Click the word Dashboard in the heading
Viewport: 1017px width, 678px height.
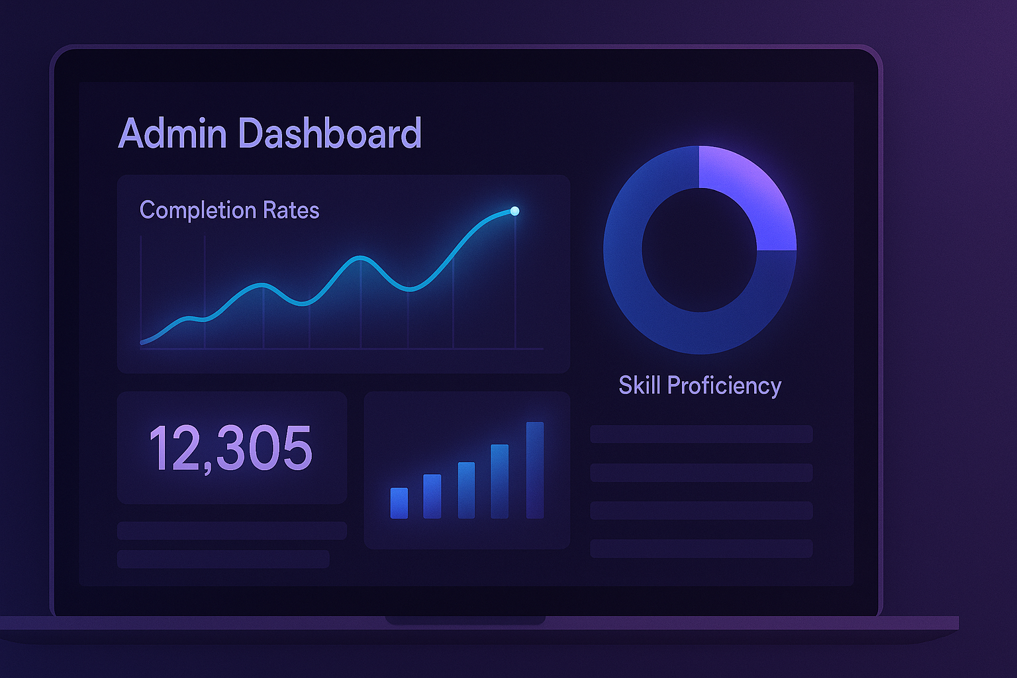[329, 134]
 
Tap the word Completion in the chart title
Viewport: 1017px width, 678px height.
[197, 211]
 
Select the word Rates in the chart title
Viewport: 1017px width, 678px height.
[291, 211]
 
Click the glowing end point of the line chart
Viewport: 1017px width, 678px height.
[514, 211]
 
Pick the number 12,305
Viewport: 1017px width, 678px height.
[230, 448]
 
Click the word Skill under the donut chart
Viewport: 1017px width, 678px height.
[640, 385]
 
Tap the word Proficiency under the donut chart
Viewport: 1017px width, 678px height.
[724, 385]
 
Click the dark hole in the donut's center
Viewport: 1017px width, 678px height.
[699, 250]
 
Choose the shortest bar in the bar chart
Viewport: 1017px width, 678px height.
[399, 503]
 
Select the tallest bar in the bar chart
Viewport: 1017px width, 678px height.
[535, 470]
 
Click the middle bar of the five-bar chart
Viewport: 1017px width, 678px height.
[466, 490]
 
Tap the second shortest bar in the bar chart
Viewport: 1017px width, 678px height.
[432, 497]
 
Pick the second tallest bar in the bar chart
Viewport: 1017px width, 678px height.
[500, 481]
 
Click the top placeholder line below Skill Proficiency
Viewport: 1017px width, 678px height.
[701, 434]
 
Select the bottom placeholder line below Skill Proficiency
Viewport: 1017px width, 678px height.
[701, 548]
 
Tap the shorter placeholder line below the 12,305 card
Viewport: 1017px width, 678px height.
[223, 559]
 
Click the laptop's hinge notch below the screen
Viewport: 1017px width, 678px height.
[465, 620]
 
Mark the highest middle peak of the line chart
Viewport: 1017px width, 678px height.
[360, 258]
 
